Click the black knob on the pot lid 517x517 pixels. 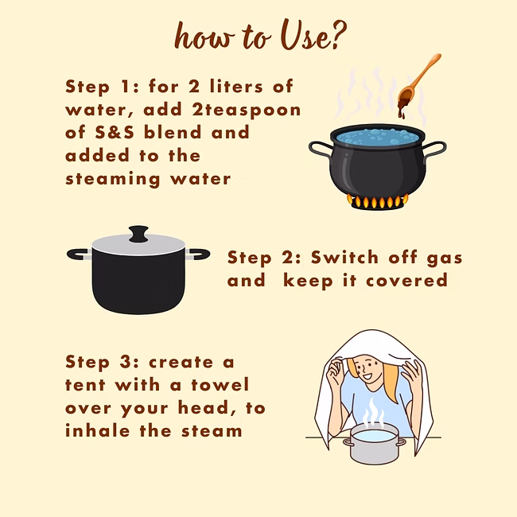138,234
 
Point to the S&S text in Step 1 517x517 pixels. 115,132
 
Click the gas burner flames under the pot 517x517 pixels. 378,201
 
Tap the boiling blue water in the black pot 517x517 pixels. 378,137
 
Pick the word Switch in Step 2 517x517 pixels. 344,257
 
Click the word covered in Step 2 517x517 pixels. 407,281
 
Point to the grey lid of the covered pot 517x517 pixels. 138,246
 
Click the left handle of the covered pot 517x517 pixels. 79,255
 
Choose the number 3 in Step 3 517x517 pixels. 126,362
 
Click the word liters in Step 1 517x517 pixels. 236,87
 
